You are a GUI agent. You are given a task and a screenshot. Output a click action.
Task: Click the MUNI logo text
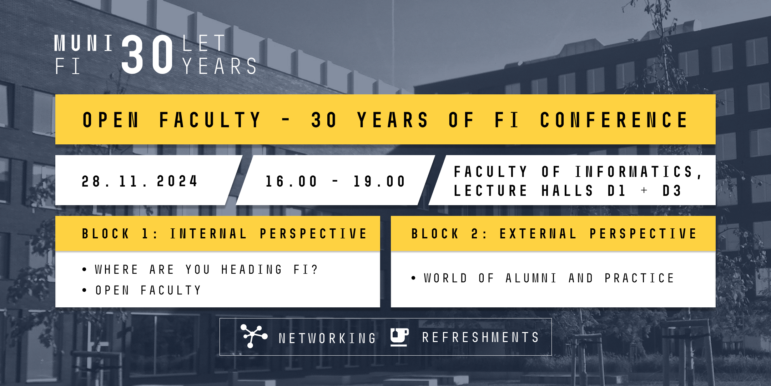coord(84,43)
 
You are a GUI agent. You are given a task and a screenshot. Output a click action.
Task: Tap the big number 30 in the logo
coord(147,55)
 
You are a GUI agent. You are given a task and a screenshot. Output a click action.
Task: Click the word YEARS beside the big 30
coord(220,66)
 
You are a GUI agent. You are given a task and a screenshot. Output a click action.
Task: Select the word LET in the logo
coord(203,43)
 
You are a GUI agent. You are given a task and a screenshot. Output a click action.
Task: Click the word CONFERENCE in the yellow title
coord(614,120)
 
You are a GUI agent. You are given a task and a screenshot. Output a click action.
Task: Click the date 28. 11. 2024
coord(139,181)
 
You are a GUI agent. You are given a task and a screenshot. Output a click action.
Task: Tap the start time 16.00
coord(291,181)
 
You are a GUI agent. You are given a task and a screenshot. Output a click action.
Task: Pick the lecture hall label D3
coord(672,190)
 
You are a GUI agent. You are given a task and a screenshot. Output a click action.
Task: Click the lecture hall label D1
coord(616,190)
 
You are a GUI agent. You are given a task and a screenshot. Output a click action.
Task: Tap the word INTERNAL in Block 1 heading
coord(208,234)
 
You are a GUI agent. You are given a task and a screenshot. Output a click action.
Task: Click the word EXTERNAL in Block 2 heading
coord(538,234)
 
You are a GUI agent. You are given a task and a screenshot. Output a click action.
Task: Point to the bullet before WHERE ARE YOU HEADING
coord(84,269)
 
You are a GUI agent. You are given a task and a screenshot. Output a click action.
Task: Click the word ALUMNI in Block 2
coord(531,278)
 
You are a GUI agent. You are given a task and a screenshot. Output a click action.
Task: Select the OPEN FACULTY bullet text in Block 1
coord(148,290)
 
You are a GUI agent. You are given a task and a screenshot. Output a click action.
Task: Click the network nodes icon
coord(253,336)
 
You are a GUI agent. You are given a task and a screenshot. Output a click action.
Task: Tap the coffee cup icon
coord(399,337)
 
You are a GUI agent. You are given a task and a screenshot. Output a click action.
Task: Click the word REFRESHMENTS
coord(480,337)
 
